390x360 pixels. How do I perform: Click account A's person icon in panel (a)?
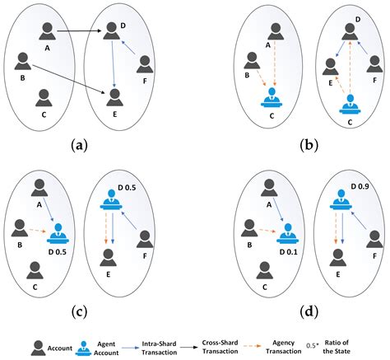click(x=48, y=31)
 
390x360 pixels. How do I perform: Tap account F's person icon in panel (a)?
click(x=144, y=64)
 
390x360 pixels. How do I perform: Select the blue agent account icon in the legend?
click(x=82, y=342)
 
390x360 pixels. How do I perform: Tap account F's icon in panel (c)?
click(x=145, y=239)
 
